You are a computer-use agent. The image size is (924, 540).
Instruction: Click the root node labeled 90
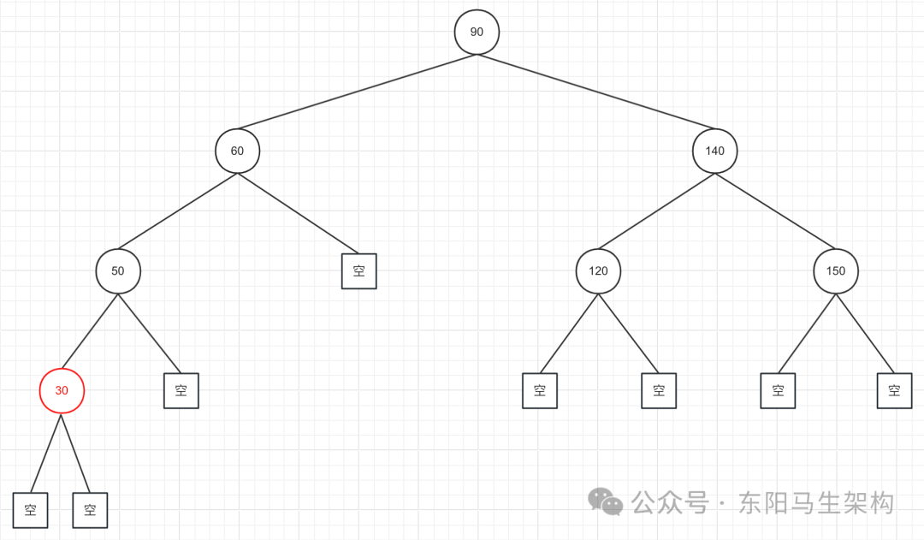tap(477, 32)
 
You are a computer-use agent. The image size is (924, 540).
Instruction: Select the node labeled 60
tap(237, 151)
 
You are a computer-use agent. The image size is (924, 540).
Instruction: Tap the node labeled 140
tap(714, 151)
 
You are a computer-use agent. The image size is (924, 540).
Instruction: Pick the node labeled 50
tap(118, 270)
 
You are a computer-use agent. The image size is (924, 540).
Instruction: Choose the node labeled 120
tap(598, 270)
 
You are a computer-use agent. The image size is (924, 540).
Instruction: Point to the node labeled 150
tap(836, 270)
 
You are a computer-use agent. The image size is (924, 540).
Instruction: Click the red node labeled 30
tap(62, 390)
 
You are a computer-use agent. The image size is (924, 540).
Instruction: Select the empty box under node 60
tap(359, 270)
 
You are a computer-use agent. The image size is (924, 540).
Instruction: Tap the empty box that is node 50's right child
tap(181, 390)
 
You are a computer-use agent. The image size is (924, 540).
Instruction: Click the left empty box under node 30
tap(31, 510)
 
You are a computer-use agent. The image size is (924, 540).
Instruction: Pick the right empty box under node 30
tap(90, 510)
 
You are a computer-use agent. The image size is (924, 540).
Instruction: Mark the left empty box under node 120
tap(540, 390)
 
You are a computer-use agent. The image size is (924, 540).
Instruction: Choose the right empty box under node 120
tap(659, 390)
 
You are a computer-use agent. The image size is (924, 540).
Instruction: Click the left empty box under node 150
tap(778, 390)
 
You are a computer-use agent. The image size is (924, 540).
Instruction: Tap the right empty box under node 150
tap(894, 390)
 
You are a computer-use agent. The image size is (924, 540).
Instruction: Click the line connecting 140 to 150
tap(775, 211)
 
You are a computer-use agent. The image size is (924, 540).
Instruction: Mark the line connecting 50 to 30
tap(90, 330)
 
